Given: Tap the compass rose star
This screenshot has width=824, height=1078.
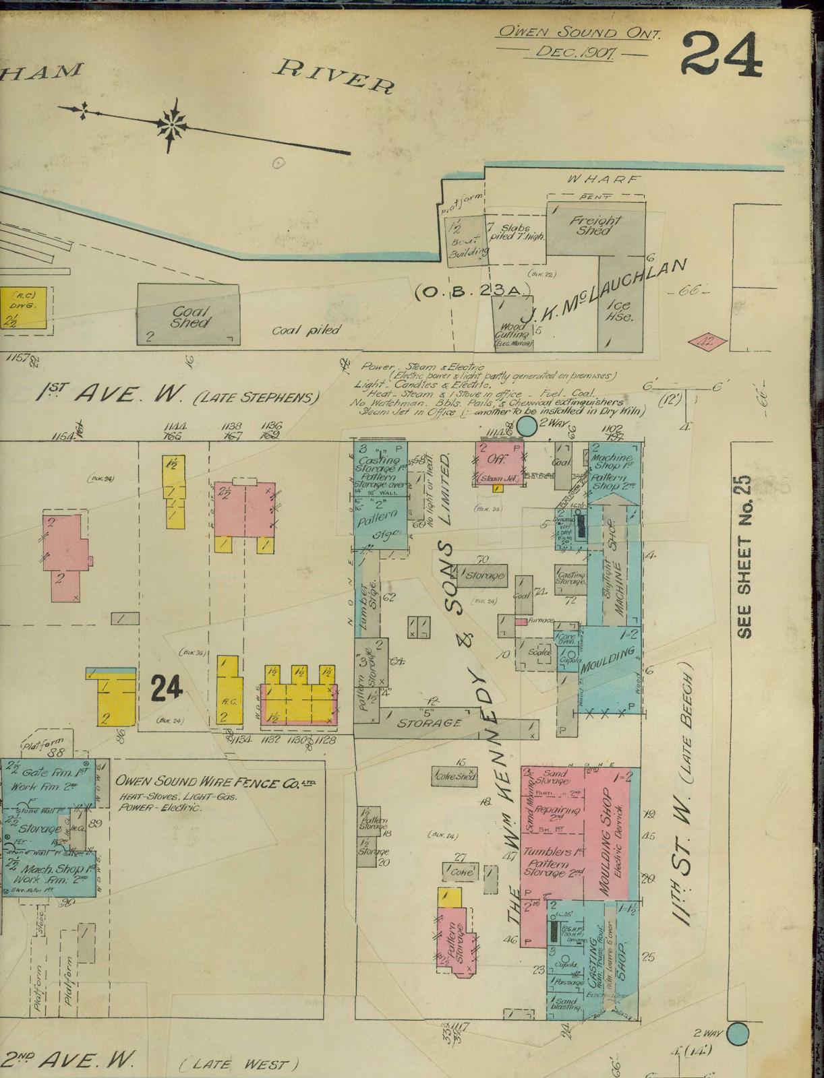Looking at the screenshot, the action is tap(173, 123).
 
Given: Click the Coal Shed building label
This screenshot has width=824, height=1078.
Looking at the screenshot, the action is tap(189, 317).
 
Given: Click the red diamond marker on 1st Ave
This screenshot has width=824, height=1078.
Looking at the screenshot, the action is tap(707, 342).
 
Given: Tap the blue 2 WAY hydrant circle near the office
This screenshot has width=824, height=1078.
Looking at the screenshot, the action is tap(527, 425).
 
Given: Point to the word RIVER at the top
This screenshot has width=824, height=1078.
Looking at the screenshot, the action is tap(336, 74).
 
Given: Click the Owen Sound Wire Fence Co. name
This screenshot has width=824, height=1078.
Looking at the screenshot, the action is tap(216, 782).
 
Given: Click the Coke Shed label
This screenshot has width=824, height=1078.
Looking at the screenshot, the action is tap(454, 775).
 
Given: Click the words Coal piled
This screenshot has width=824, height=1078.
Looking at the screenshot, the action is tap(307, 330).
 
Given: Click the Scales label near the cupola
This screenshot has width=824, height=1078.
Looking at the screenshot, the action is tap(539, 652).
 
